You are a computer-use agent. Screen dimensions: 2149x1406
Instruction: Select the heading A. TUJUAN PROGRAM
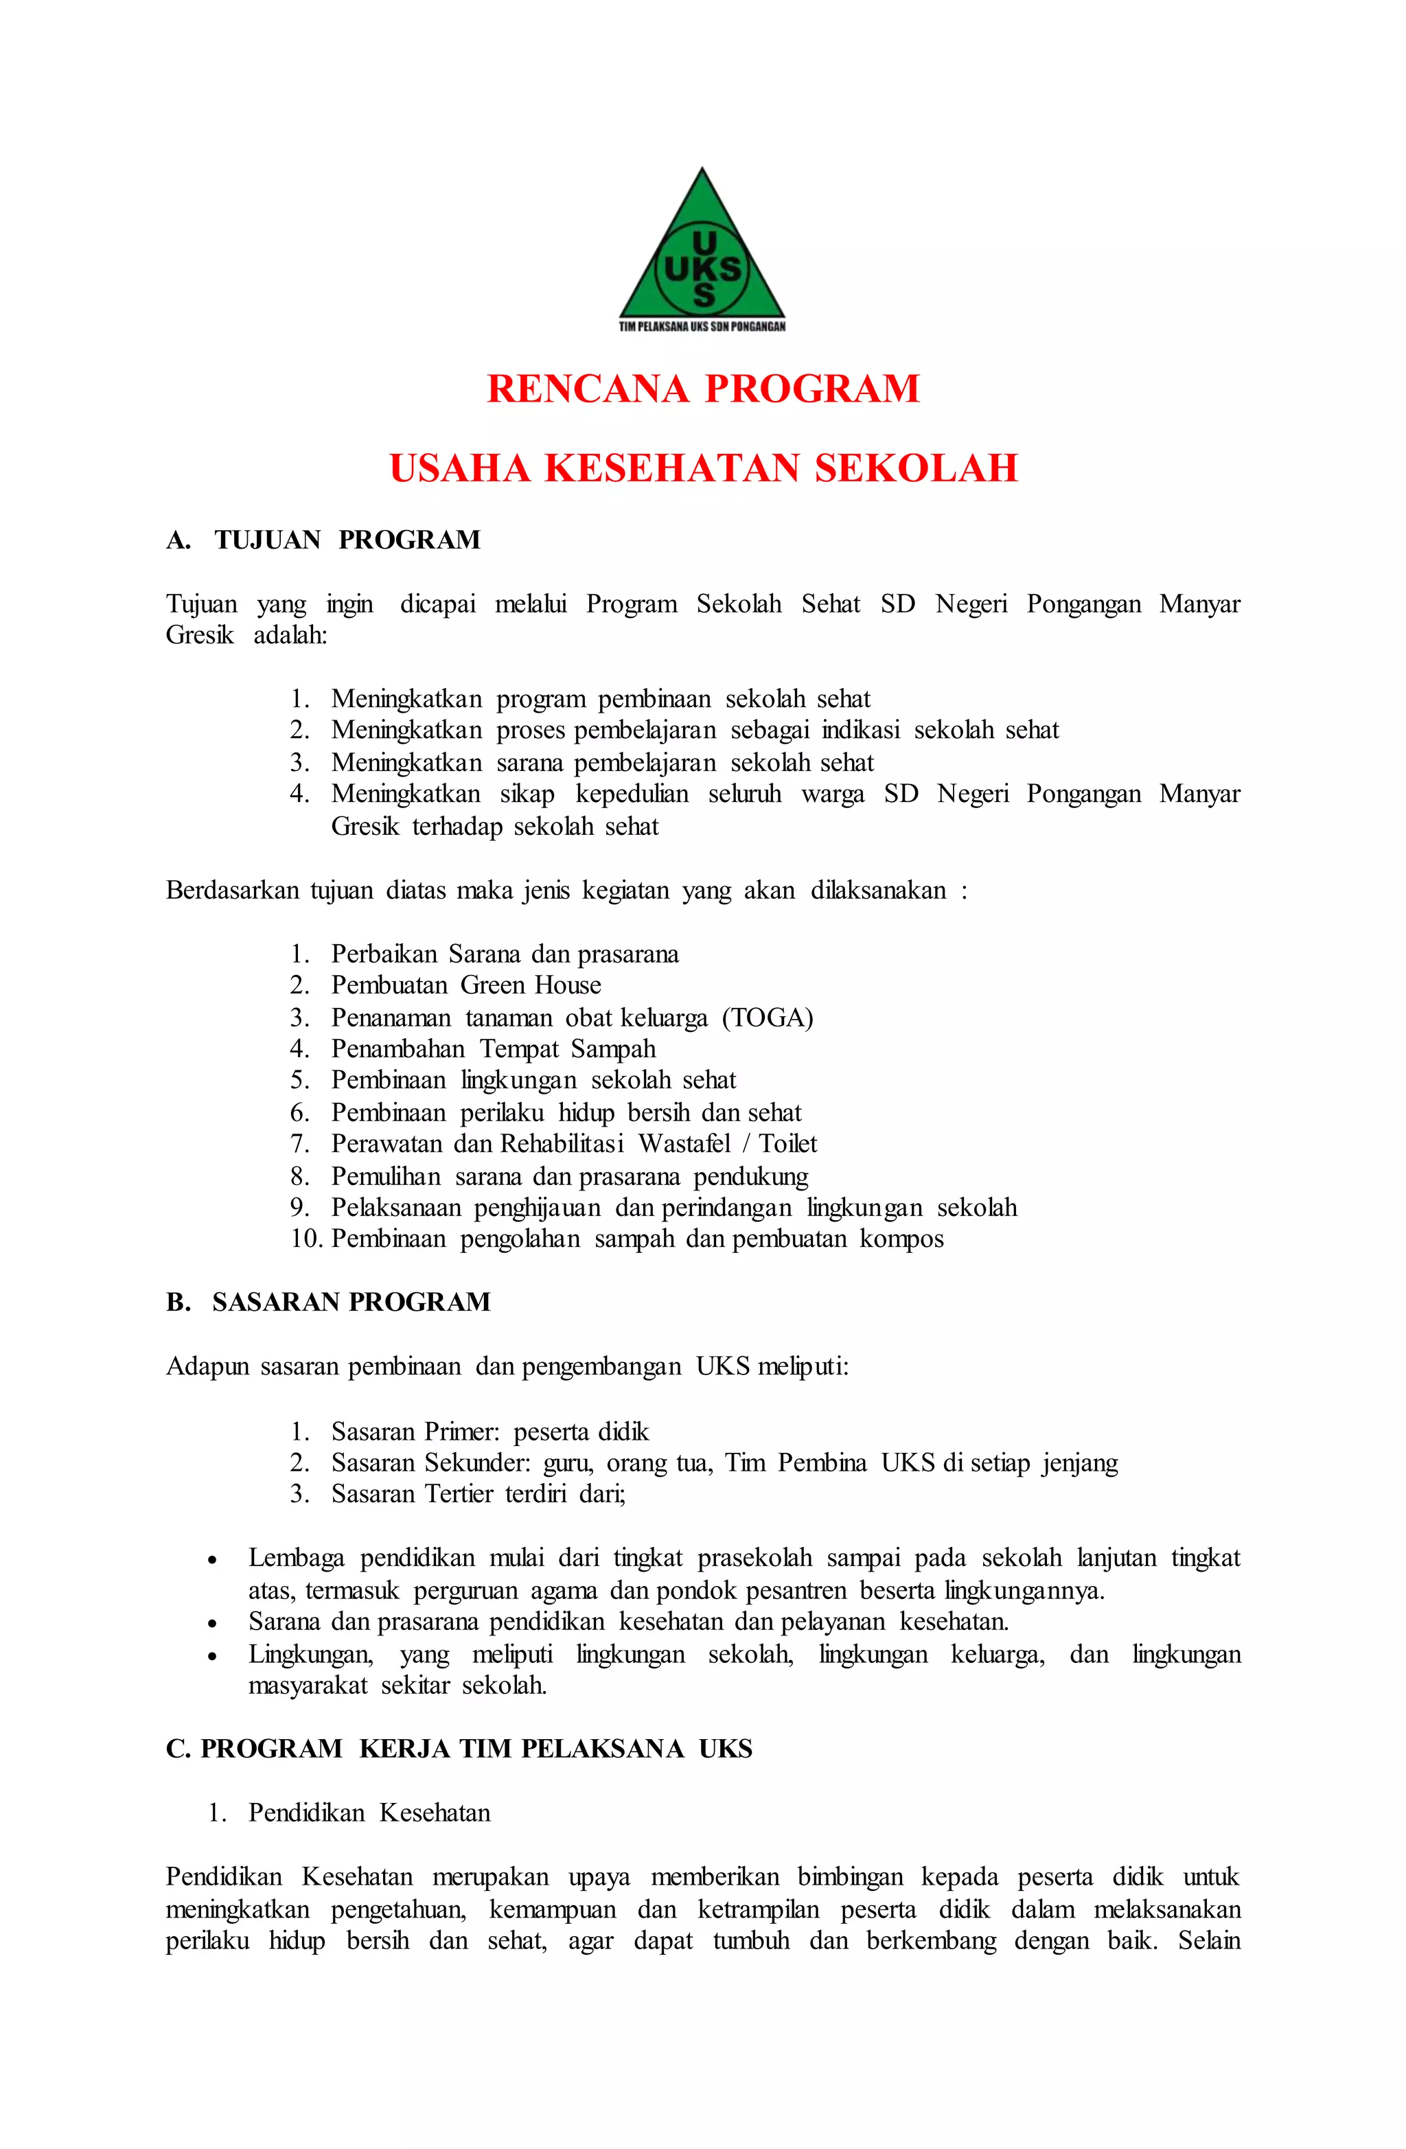pyautogui.click(x=323, y=540)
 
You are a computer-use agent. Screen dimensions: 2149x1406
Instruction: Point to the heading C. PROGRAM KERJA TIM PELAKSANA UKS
pyautogui.click(x=459, y=1749)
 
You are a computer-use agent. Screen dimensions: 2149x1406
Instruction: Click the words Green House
pyautogui.click(x=530, y=985)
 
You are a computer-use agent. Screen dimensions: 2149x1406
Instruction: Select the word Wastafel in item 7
pyautogui.click(x=684, y=1144)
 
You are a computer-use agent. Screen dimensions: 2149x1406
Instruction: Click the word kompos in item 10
pyautogui.click(x=901, y=1239)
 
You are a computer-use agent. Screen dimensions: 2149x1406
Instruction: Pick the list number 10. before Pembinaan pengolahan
pyautogui.click(x=306, y=1239)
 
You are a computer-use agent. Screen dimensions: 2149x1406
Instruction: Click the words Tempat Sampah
pyautogui.click(x=567, y=1049)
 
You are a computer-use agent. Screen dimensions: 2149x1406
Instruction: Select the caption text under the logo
pyautogui.click(x=702, y=327)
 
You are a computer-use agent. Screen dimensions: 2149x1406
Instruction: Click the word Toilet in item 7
pyautogui.click(x=787, y=1144)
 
